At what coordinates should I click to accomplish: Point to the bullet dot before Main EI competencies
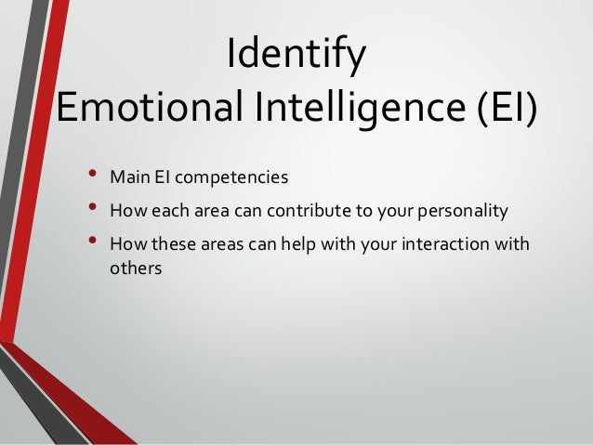[92, 174]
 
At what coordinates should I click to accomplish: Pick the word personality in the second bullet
[466, 211]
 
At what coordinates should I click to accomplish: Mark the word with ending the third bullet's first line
[511, 245]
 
